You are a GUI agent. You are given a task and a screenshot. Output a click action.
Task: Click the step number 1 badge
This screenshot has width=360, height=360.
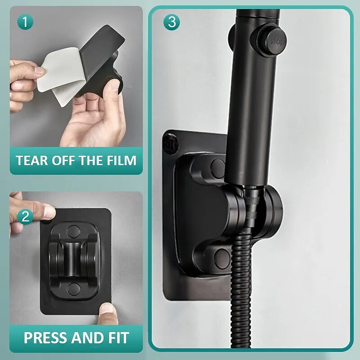pos(25,22)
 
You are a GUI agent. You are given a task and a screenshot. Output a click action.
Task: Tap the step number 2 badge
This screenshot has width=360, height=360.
pos(25,217)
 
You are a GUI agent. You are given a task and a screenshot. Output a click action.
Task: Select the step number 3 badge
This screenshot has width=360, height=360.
pos(171,22)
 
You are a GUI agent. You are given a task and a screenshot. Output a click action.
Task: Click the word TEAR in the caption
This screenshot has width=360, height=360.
pos(33,161)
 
